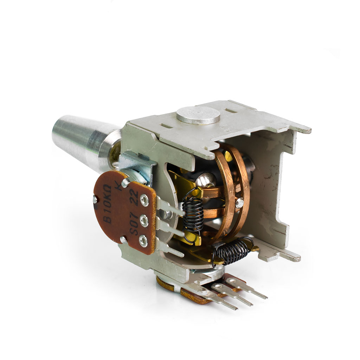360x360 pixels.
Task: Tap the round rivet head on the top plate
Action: click(x=198, y=116)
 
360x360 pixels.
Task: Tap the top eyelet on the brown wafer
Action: click(x=144, y=199)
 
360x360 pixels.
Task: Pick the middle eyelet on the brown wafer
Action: click(x=144, y=220)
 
